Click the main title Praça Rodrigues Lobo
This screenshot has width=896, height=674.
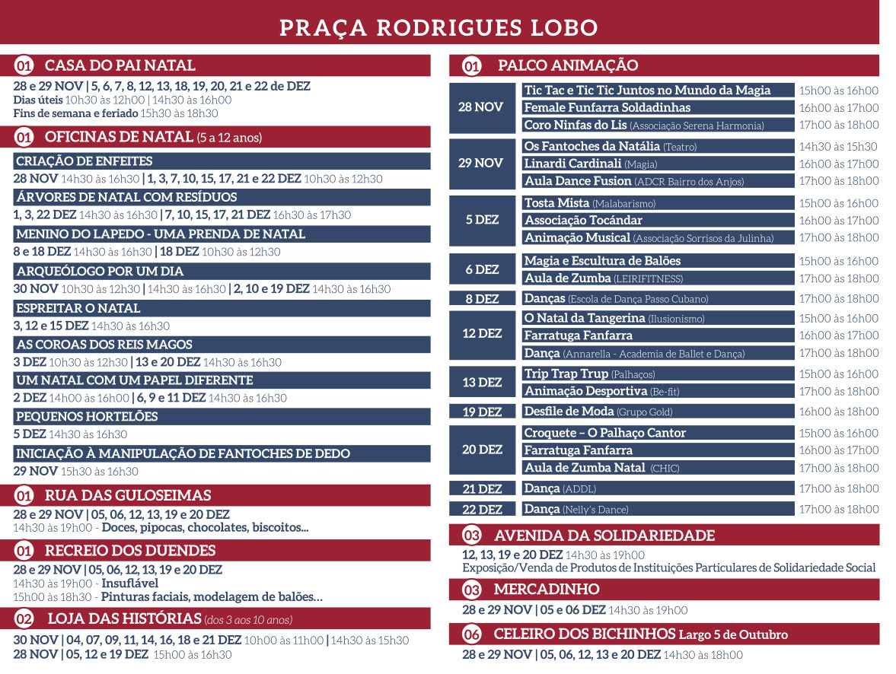(438, 27)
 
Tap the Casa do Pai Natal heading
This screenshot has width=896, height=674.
(120, 65)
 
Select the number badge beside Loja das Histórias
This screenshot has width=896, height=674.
(24, 618)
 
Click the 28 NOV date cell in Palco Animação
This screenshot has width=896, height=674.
(480, 107)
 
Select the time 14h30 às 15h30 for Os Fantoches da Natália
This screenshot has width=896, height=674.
(837, 147)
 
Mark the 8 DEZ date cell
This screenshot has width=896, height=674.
(483, 299)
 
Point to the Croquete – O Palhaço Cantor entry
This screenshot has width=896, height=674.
(605, 433)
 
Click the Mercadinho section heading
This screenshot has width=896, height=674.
(546, 590)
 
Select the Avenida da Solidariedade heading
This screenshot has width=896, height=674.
(604, 536)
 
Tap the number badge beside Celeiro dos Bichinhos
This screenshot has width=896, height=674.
(472, 634)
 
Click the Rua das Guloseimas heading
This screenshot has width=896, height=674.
(127, 495)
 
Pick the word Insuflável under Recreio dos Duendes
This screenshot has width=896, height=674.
(130, 583)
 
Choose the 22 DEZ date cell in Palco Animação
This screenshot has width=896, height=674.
(483, 510)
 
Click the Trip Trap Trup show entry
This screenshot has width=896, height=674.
(588, 374)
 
